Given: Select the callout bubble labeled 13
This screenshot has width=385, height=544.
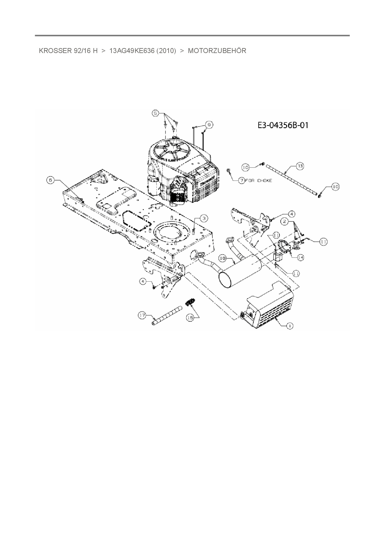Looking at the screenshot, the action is coord(300,166).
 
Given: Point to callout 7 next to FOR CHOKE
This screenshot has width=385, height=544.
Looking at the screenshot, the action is coord(241,181).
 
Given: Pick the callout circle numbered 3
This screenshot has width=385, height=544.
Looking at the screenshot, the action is coord(204,218).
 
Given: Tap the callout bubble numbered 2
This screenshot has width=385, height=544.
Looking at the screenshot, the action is coord(284,221).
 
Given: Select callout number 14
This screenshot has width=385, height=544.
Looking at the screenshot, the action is coord(300,257).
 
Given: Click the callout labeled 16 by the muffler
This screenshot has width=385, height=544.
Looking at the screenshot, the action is coord(222,258).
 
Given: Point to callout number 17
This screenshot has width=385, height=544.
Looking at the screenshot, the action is coord(142,315).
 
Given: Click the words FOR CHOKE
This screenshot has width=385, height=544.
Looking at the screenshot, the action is coord(258,181).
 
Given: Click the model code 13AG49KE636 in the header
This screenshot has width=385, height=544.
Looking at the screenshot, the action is coord(132,51).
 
